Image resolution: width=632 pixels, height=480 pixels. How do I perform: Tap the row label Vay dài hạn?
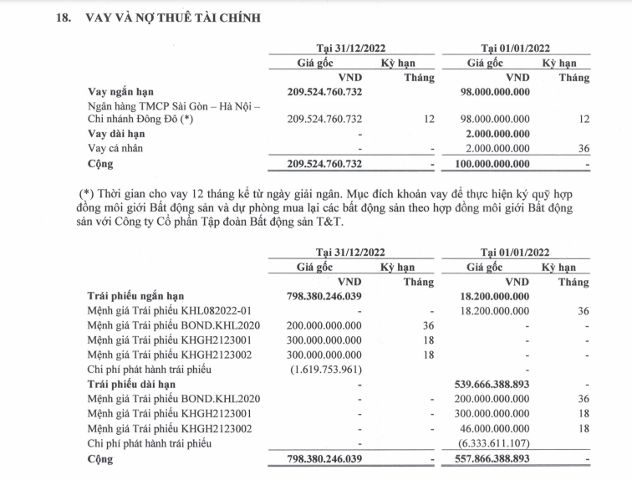click(x=116, y=134)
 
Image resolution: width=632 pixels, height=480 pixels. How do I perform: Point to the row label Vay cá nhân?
click(x=117, y=148)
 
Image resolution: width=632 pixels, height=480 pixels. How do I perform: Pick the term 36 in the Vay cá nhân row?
click(x=583, y=148)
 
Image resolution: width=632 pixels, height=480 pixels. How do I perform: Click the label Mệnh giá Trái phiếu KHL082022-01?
click(x=168, y=310)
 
